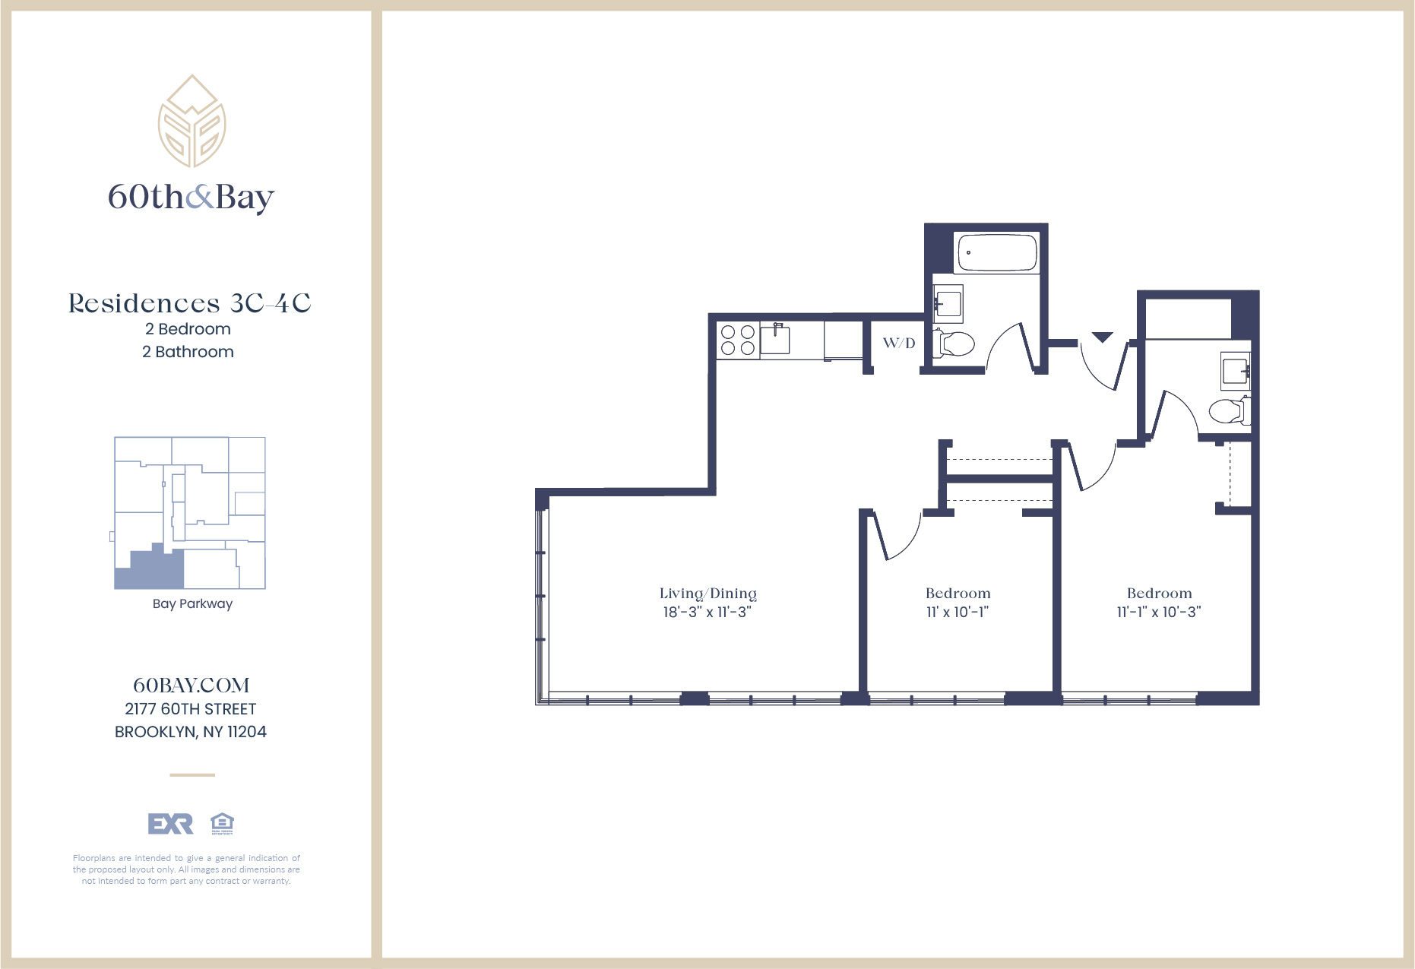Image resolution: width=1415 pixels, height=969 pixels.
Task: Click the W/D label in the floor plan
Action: click(x=898, y=343)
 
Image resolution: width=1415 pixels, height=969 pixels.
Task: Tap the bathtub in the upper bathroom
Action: click(x=997, y=252)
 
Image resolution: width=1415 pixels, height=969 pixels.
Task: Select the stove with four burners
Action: click(x=737, y=340)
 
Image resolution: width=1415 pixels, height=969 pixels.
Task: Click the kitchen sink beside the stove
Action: click(x=775, y=340)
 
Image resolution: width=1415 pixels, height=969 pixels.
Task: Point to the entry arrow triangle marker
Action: click(x=1102, y=337)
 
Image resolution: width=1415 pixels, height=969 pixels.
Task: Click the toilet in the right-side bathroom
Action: click(x=1226, y=411)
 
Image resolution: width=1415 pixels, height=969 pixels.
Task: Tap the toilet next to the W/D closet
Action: click(x=956, y=344)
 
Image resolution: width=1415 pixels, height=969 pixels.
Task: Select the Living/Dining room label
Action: click(x=707, y=593)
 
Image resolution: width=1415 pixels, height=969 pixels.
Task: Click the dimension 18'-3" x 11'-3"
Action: click(x=707, y=612)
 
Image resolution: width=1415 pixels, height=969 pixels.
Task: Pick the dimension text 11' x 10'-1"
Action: click(x=957, y=612)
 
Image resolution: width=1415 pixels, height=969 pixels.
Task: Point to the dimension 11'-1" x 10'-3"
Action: click(x=1158, y=612)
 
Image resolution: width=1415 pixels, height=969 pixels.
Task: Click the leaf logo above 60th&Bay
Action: click(x=192, y=122)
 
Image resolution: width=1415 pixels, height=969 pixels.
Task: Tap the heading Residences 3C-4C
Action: click(x=189, y=303)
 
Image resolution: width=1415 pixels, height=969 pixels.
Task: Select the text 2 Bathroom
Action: click(x=188, y=352)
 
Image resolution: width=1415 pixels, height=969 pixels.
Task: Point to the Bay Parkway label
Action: click(x=192, y=603)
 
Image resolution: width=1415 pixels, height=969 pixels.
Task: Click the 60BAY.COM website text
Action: click(x=191, y=686)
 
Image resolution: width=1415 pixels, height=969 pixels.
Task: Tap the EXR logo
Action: click(x=170, y=824)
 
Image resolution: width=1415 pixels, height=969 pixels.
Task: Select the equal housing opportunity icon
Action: click(x=222, y=823)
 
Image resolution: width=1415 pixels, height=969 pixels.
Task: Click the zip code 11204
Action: click(x=247, y=732)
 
